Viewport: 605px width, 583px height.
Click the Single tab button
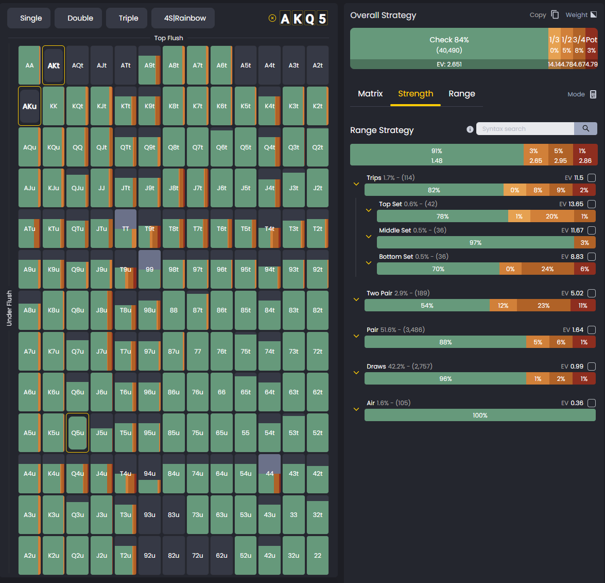coord(31,18)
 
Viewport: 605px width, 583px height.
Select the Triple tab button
coord(128,18)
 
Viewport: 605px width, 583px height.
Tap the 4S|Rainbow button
coord(185,18)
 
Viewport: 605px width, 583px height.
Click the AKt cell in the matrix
coord(54,65)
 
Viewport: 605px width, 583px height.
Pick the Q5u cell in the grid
coord(78,433)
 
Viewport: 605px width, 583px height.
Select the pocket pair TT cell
coord(126,229)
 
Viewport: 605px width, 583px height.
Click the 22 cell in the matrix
coord(318,556)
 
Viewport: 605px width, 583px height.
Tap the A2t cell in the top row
coord(318,65)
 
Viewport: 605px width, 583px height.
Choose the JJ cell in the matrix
coord(101,188)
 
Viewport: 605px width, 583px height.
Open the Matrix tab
coord(370,94)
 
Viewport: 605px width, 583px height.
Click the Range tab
coord(462,94)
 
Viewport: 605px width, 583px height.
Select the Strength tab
coord(416,94)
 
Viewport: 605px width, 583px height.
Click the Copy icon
coord(555,15)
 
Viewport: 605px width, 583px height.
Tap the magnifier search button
coord(585,129)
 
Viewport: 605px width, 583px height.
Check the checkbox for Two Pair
coord(592,293)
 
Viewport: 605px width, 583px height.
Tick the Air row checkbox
coord(592,403)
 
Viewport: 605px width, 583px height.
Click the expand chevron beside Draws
coord(356,373)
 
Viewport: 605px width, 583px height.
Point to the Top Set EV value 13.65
coord(576,204)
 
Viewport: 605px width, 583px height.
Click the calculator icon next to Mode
coord(593,94)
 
